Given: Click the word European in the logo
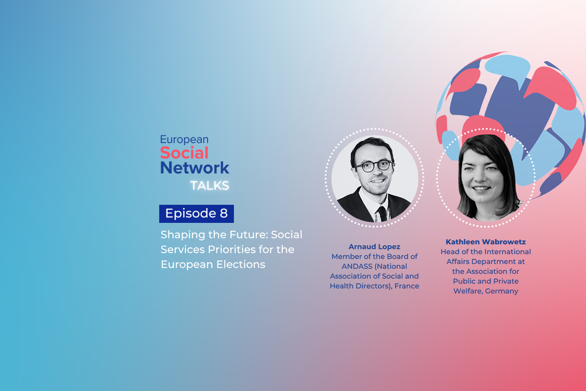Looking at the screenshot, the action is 184,140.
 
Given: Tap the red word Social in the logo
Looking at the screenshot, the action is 184,152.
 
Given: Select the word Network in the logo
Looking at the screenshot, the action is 195,168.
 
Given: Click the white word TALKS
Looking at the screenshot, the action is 209,186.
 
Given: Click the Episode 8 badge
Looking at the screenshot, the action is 196,214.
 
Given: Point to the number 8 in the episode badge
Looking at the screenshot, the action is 224,213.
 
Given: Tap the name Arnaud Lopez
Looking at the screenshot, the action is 375,247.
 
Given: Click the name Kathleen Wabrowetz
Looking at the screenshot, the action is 486,242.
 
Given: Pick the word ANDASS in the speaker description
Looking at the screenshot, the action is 357,266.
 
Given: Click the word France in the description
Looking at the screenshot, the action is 407,286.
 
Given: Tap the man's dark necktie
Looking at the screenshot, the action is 382,214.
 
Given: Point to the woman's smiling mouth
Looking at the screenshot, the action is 481,188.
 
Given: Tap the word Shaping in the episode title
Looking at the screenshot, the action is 183,235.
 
